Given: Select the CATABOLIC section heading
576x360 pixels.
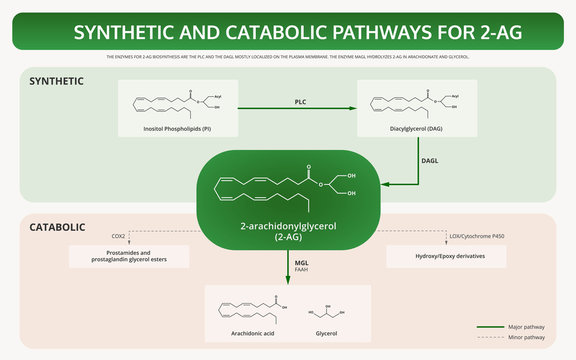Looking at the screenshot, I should [57, 228].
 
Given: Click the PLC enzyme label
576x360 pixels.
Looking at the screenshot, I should [299, 102].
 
